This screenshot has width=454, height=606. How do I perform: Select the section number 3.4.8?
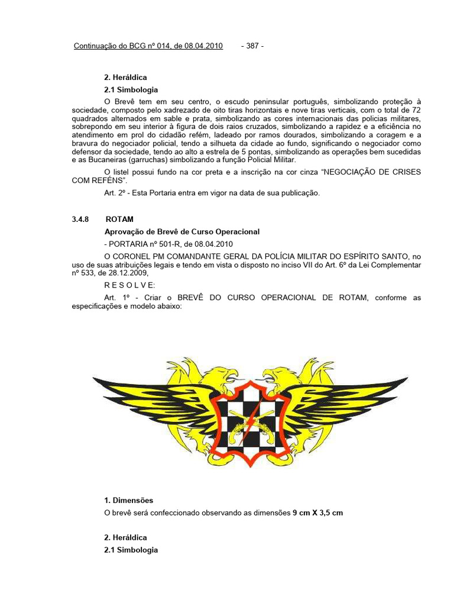point(80,219)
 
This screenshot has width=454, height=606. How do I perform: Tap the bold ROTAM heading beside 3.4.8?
point(119,219)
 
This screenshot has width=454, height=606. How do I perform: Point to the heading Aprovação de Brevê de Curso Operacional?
point(182,231)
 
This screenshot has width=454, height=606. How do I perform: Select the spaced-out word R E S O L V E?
point(130,285)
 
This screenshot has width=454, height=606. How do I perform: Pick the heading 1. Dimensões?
point(128,500)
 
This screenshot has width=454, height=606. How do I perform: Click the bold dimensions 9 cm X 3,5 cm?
point(317,512)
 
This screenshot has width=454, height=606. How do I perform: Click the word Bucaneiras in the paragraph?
point(108,160)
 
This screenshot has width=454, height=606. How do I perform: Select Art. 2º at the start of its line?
point(116,194)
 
